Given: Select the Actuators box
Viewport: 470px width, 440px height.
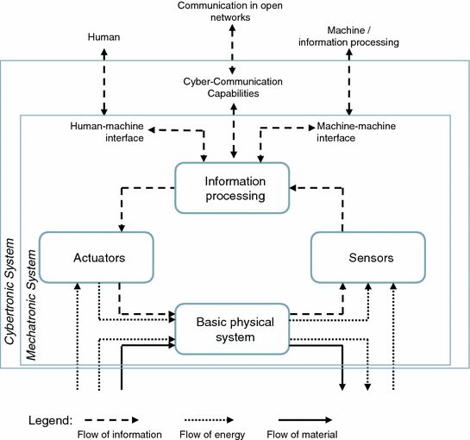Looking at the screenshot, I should point(97,257).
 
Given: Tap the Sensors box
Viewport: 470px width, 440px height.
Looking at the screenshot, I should point(368,257).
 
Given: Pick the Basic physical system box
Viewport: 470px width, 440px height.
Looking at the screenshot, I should point(231,329).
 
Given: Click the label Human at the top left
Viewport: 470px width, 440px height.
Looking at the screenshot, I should point(103,37).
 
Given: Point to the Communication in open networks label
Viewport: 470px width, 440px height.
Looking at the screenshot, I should point(231,11).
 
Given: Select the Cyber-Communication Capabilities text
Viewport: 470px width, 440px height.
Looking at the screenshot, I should point(231,87).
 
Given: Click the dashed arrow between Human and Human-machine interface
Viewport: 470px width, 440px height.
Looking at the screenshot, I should point(104,82).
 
